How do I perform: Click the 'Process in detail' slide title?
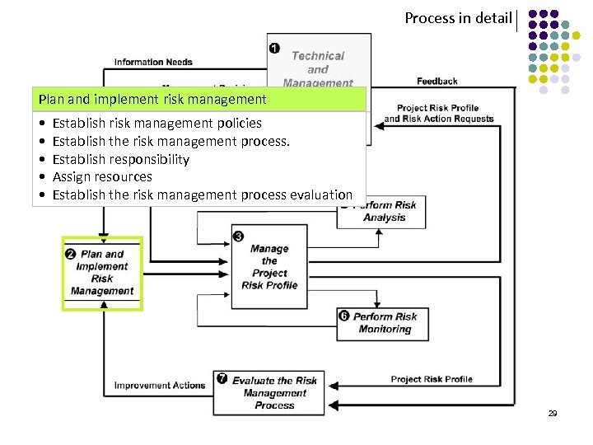tap(458, 17)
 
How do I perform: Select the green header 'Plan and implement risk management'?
tap(152, 100)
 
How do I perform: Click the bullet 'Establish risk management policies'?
tap(156, 123)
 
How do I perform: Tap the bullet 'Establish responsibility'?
tap(120, 159)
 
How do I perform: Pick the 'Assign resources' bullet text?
tap(102, 176)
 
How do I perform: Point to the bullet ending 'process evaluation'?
tap(202, 194)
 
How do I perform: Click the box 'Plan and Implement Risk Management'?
tap(102, 273)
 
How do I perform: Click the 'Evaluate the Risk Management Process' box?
tap(273, 392)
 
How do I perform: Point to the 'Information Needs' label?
tap(153, 62)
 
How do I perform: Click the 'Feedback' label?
tap(437, 81)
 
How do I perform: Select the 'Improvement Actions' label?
tap(160, 385)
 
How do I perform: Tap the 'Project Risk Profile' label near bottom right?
tap(432, 379)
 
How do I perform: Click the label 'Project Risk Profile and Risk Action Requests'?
tap(438, 113)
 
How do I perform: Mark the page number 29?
tap(553, 413)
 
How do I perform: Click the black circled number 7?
tap(222, 378)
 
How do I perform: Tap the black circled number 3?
tap(238, 237)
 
